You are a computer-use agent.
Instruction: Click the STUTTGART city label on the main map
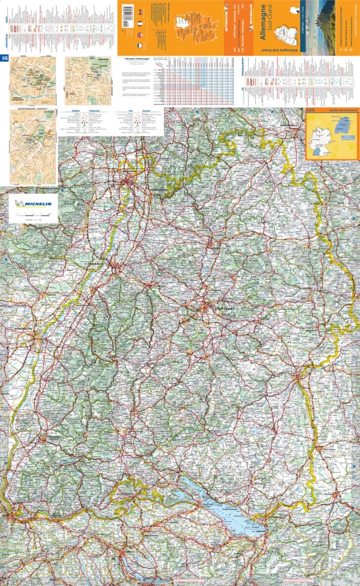click(225, 309)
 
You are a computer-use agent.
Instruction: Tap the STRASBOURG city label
click(23, 328)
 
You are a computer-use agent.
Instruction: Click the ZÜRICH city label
click(130, 551)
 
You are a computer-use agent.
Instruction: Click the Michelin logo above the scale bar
click(33, 203)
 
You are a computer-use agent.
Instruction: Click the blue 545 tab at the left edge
click(5, 58)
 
